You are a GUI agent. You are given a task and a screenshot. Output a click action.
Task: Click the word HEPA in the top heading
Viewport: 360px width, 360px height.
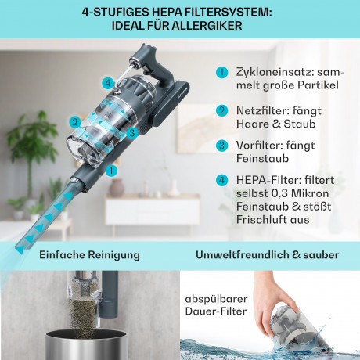click(167, 12)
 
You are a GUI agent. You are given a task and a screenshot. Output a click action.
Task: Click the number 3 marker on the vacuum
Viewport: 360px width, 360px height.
click(133, 133)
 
